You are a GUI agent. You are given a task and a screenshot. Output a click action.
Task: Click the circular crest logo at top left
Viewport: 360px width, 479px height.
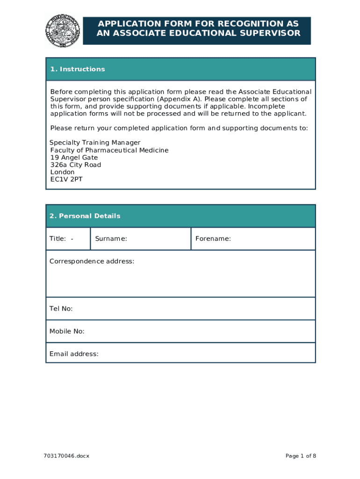point(63,30)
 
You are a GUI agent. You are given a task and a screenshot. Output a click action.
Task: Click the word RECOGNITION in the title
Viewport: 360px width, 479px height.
point(241,24)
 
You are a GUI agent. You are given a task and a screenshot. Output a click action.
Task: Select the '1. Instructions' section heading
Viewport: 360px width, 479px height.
point(78,69)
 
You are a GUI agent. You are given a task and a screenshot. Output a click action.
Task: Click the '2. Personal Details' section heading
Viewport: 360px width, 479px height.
point(85,216)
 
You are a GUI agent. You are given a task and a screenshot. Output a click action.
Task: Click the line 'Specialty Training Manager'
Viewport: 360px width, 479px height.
point(95,143)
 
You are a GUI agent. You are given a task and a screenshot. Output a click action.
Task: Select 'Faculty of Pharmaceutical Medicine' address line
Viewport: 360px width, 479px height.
point(109,150)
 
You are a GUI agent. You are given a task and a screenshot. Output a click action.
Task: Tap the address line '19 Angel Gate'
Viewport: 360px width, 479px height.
point(74,158)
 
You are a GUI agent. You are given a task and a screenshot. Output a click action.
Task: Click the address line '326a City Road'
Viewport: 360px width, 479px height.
point(76,165)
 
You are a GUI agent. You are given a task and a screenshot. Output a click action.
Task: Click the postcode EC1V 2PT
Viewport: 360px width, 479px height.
point(66,179)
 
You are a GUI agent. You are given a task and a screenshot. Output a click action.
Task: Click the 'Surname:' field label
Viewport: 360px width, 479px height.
point(111,239)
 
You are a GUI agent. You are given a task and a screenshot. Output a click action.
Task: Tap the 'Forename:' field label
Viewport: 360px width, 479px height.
point(213,239)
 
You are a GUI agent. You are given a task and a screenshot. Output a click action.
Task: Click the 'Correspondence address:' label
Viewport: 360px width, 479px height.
point(92,261)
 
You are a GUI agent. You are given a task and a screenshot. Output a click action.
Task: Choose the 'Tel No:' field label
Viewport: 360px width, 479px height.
point(61,309)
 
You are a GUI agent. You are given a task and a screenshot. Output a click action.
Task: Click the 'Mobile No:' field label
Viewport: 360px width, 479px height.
point(67,332)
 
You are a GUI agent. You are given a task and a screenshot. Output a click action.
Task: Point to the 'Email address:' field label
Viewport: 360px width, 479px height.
point(74,354)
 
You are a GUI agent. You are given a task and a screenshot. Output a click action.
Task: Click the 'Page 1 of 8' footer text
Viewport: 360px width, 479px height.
point(300,456)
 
